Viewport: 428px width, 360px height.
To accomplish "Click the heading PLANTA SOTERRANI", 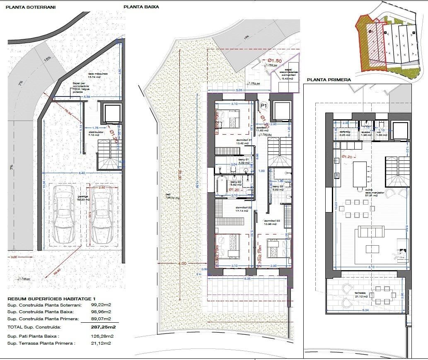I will pyautogui.click(x=31, y=7).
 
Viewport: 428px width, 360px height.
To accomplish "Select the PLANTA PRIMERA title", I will pyautogui.click(x=329, y=80).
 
